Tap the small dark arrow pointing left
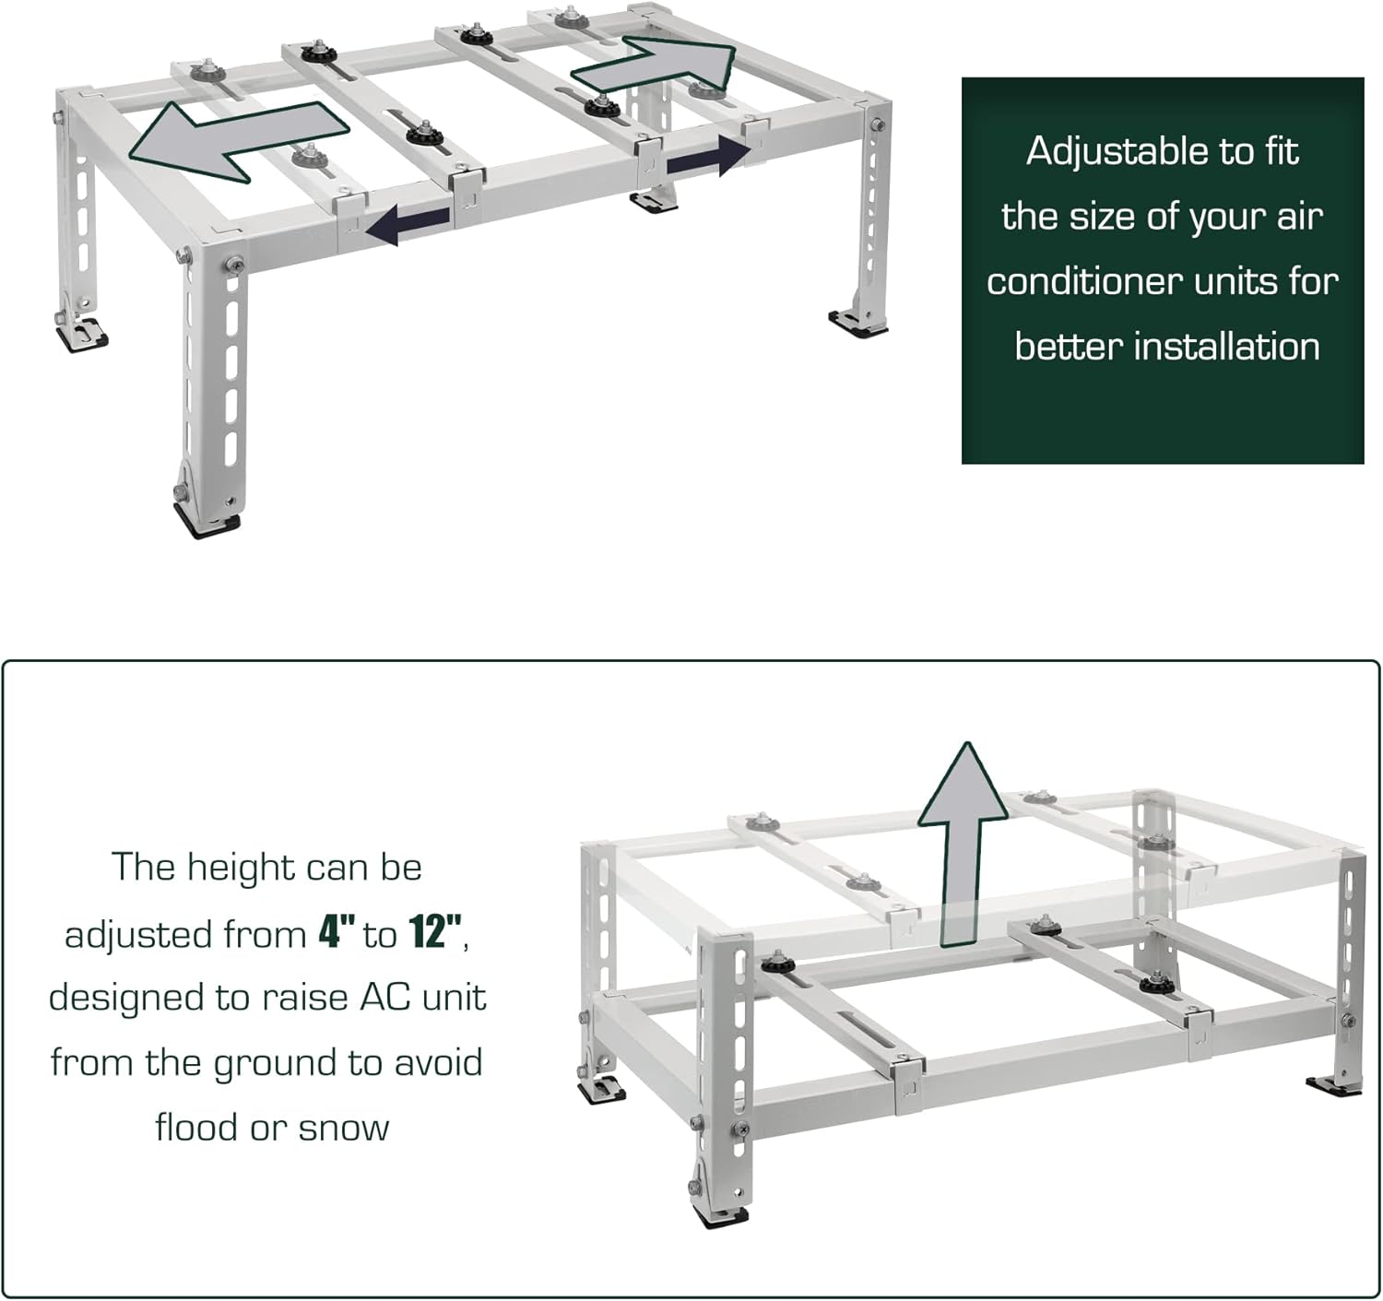pyautogui.click(x=408, y=223)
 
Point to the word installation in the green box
pyautogui.click(x=1226, y=346)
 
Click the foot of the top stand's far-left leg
pyautogui.click(x=81, y=335)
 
